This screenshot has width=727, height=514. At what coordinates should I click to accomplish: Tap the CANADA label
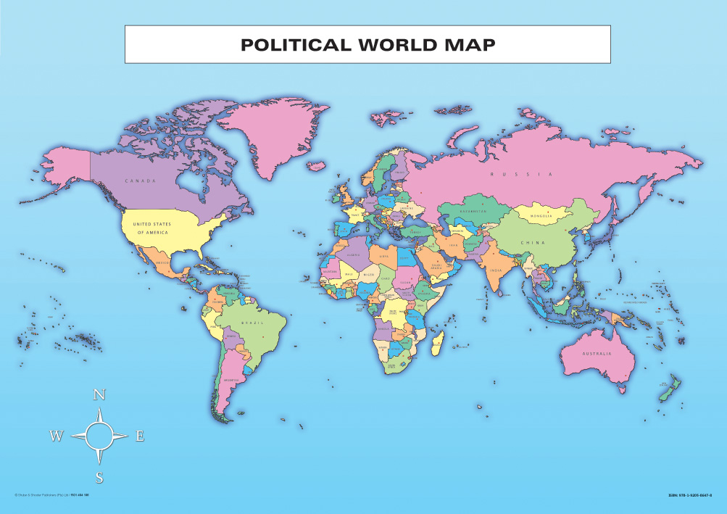tap(140, 181)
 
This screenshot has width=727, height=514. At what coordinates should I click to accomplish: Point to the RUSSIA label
tap(521, 175)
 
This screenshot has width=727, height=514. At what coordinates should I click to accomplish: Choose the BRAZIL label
tap(252, 321)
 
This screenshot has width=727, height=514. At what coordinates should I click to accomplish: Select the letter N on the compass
tap(99, 395)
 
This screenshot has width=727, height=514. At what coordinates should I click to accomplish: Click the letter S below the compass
tap(99, 477)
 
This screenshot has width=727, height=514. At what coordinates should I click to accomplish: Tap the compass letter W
tap(56, 436)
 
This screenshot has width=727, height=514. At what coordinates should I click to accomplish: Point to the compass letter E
tap(140, 436)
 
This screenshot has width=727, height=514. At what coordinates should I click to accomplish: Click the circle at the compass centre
tap(99, 436)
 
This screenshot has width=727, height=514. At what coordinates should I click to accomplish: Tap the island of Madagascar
tap(436, 342)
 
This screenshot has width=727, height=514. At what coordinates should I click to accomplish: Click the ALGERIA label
tap(353, 255)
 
